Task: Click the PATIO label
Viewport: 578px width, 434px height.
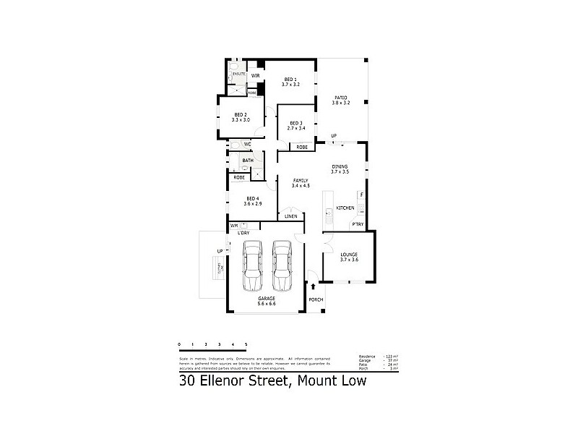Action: coord(340,99)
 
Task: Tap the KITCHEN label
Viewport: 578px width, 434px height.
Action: coord(345,209)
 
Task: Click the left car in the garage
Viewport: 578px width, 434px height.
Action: coord(251,265)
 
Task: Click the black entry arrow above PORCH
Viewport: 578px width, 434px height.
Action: coord(312,288)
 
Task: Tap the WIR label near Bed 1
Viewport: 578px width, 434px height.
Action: coord(255,75)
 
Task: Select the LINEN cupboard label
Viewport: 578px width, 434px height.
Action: coord(290,216)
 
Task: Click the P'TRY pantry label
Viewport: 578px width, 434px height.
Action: coord(358,224)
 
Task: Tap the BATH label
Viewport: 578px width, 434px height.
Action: coord(248,161)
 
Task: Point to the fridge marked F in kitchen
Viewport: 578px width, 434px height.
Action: coord(362,195)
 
